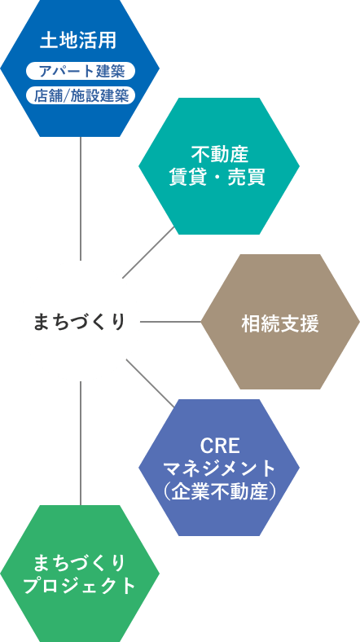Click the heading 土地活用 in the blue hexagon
[x=78, y=41]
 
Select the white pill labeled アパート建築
[x=80, y=71]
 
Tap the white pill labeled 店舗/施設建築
[x=80, y=95]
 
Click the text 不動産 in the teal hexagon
[x=219, y=156]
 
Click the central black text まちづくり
[x=79, y=322]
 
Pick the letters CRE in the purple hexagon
[x=220, y=446]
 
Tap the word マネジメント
[x=219, y=468]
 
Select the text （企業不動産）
[x=219, y=491]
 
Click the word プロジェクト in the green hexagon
[x=79, y=586]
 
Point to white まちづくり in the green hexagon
[x=79, y=564]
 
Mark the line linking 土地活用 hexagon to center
[x=81, y=198]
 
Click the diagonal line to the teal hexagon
[x=148, y=253]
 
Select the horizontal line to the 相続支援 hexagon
[x=170, y=322]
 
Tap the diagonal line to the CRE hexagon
[x=150, y=383]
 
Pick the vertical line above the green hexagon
[x=81, y=443]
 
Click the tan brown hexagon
[x=280, y=322]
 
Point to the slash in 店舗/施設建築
[x=67, y=96]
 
